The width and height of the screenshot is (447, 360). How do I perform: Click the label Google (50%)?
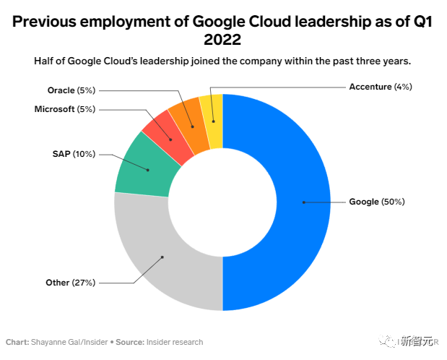tap(376, 202)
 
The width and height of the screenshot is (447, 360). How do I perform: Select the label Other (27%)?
tap(71, 282)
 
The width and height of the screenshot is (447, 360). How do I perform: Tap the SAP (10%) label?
tap(72, 154)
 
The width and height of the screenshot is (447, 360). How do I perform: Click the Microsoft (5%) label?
tap(64, 109)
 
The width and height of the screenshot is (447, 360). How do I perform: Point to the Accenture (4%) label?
tap(380, 87)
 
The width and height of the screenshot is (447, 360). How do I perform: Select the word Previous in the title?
tap(48, 21)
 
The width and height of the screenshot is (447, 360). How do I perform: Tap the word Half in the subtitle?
tap(47, 61)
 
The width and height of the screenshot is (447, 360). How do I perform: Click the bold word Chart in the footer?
tap(17, 342)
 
